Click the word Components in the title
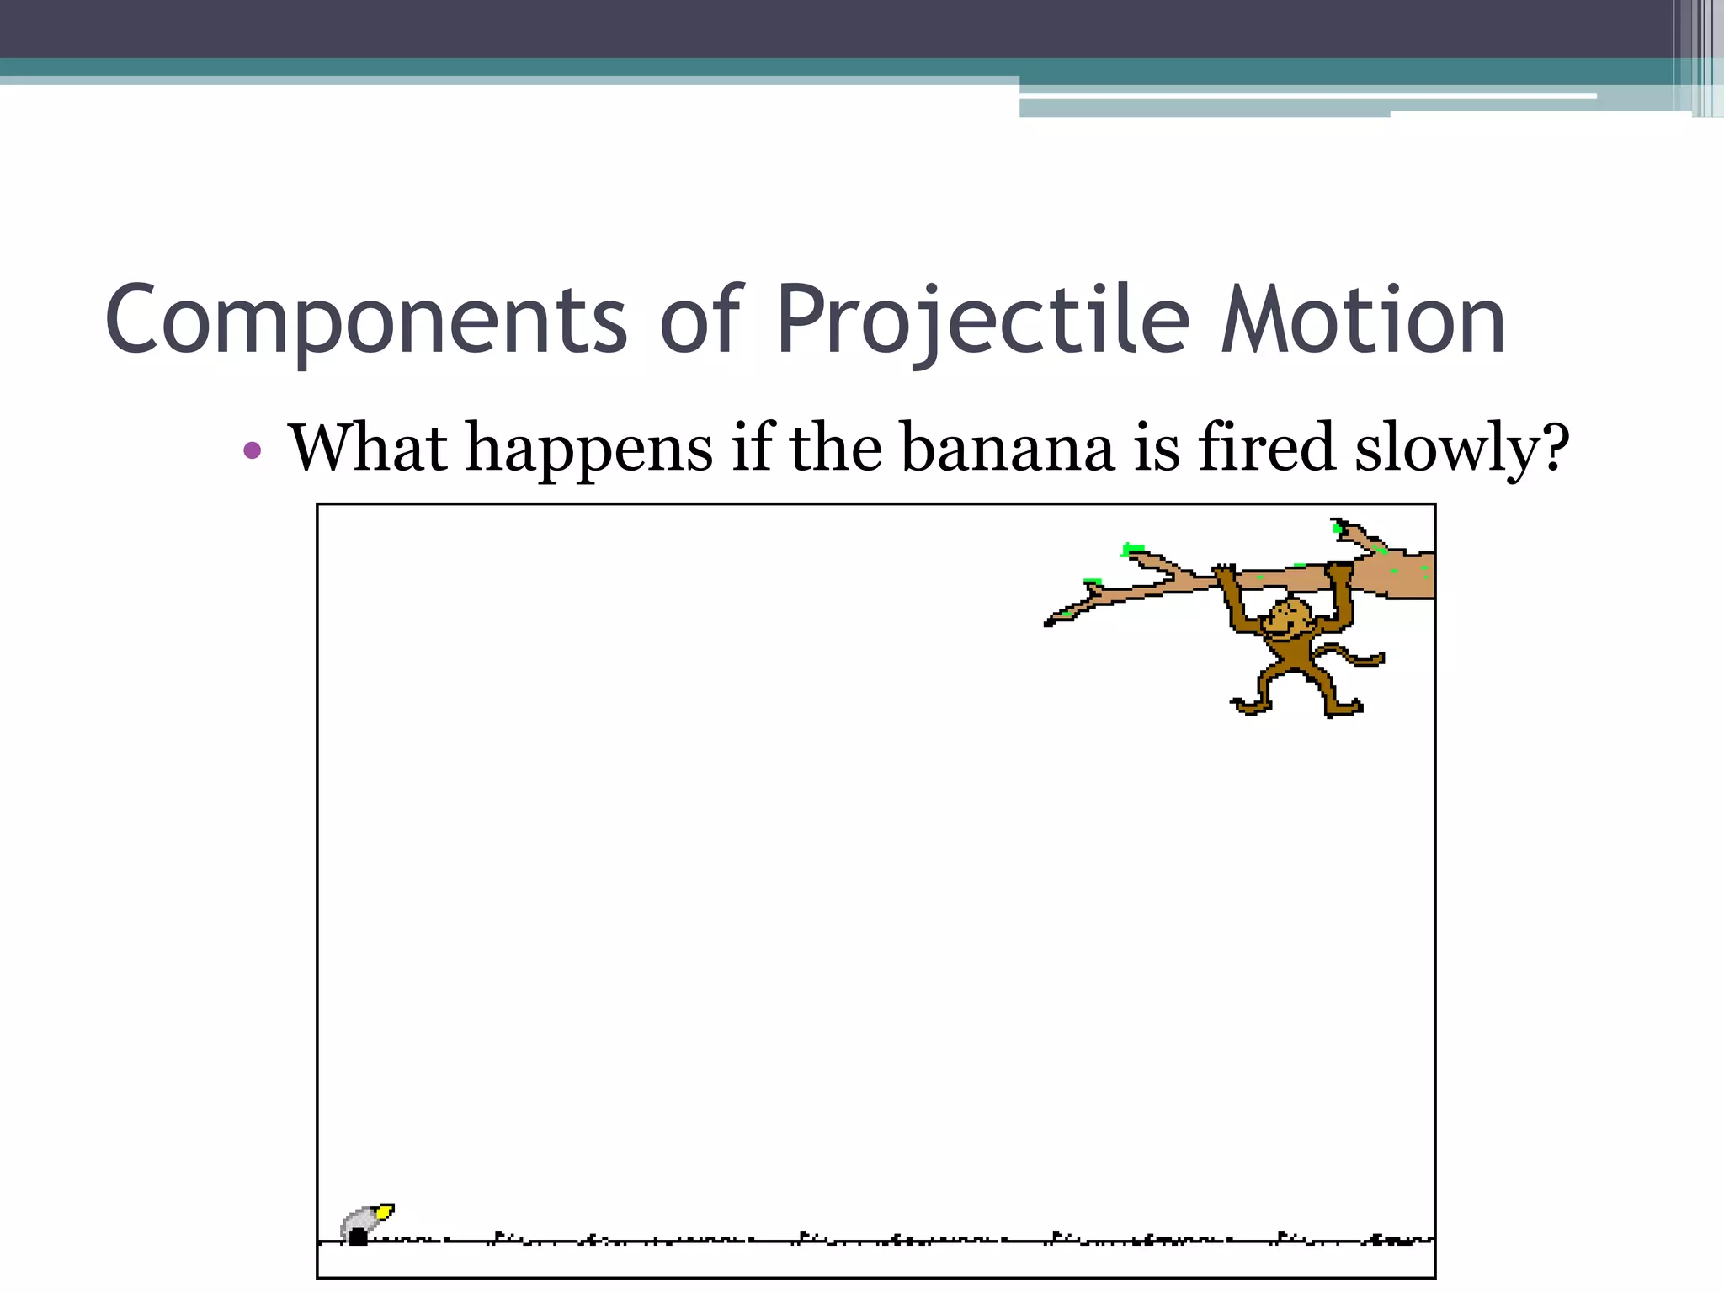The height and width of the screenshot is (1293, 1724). tap(366, 320)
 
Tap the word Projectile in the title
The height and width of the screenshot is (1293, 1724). tap(982, 320)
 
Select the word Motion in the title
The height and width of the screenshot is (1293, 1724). tap(1363, 320)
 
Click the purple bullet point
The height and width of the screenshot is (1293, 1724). tap(252, 450)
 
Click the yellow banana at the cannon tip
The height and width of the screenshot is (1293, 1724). tap(384, 1212)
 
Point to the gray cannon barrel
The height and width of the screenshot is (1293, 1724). tap(360, 1219)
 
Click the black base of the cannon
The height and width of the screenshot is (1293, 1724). tap(359, 1237)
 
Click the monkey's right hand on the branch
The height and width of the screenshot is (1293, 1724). tap(1338, 572)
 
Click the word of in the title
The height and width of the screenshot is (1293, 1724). tap(700, 320)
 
